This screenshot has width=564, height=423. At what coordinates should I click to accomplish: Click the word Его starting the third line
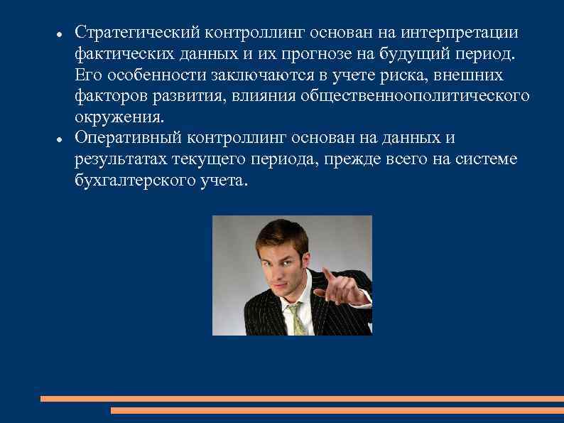(87, 75)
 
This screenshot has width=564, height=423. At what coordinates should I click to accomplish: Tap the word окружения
(119, 116)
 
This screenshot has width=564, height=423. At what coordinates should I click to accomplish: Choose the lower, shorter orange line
(337, 410)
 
